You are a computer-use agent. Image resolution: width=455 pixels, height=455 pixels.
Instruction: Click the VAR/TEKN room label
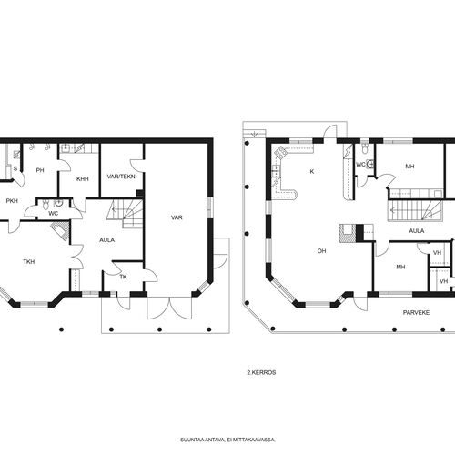pyautogui.click(x=121, y=177)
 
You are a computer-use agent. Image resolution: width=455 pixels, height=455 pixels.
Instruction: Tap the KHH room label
pyautogui.click(x=82, y=179)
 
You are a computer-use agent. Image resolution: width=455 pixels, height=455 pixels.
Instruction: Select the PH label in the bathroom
pyautogui.click(x=40, y=170)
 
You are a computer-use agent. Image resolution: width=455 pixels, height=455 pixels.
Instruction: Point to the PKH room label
pyautogui.click(x=12, y=201)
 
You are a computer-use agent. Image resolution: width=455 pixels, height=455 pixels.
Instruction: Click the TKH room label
pyautogui.click(x=29, y=261)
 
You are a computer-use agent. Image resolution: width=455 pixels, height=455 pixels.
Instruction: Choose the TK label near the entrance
pyautogui.click(x=123, y=277)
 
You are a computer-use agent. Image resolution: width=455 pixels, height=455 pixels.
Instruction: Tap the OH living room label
pyautogui.click(x=321, y=251)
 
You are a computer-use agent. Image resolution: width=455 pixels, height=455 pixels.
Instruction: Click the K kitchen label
pyautogui.click(x=312, y=171)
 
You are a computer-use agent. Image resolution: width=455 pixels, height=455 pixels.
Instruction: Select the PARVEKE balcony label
pyautogui.click(x=416, y=312)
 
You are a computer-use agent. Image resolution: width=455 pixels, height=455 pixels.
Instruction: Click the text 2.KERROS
pyautogui.click(x=261, y=372)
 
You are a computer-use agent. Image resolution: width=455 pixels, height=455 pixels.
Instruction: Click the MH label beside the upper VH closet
pyautogui.click(x=400, y=267)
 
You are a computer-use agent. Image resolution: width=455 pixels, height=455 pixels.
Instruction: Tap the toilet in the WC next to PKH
pyautogui.click(x=45, y=205)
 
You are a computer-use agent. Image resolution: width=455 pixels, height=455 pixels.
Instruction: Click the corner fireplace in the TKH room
pyautogui.click(x=60, y=230)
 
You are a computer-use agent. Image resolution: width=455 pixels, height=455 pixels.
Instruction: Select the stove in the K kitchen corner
pyautogui.click(x=280, y=151)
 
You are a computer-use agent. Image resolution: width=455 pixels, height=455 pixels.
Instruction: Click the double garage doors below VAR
pyautogui.click(x=169, y=308)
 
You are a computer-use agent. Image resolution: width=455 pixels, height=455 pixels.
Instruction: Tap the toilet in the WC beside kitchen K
pyautogui.click(x=365, y=148)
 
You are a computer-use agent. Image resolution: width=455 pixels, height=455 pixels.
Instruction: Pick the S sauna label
pyautogui.click(x=15, y=169)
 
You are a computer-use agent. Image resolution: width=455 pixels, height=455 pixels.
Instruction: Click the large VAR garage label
pyautogui.click(x=177, y=217)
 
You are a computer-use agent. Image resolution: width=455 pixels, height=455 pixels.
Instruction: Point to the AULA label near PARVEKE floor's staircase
pyautogui.click(x=417, y=231)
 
